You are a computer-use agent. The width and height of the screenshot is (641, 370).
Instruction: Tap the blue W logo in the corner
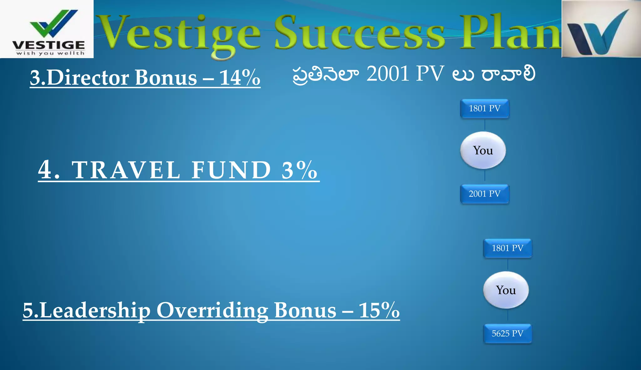tap(601, 29)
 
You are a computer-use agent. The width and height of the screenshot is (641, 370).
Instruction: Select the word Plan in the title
tap(510, 33)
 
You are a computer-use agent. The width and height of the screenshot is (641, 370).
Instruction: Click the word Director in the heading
tap(88, 77)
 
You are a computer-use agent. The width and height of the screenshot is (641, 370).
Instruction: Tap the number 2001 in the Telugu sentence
tap(388, 74)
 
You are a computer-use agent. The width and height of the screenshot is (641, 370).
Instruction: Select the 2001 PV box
tap(485, 194)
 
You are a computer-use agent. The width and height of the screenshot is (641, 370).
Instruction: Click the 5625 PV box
tap(507, 334)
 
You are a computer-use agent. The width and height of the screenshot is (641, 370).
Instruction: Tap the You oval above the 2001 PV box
tap(483, 151)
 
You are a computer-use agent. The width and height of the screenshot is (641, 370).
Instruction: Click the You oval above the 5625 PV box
tap(506, 290)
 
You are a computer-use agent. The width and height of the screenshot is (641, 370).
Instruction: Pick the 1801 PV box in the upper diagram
tap(485, 109)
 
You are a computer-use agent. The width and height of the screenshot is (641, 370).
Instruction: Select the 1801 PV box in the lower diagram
tap(507, 248)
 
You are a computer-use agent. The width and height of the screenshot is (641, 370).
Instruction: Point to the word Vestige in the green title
tap(180, 34)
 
